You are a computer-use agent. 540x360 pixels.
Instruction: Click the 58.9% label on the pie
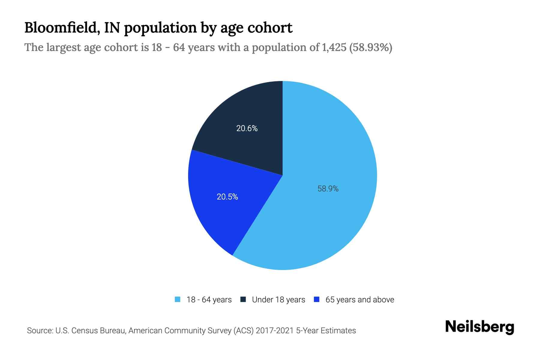click(328, 189)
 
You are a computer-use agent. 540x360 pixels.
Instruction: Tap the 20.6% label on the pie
click(247, 128)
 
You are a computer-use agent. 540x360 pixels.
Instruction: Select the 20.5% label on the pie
click(227, 197)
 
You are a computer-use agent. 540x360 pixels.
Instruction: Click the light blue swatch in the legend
click(178, 299)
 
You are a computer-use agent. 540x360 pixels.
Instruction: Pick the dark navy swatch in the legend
click(243, 299)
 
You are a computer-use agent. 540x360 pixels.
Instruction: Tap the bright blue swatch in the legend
click(316, 299)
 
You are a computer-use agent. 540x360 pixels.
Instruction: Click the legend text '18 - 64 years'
click(209, 300)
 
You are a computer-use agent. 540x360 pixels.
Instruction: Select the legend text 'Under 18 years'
click(278, 300)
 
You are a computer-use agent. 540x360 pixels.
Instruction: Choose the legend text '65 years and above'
click(360, 300)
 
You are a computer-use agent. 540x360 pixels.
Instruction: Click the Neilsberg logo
click(480, 327)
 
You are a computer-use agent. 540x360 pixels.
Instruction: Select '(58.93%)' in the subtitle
click(371, 47)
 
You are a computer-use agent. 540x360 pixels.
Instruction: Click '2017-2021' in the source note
click(274, 331)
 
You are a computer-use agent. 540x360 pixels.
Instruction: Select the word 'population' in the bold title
click(160, 28)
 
